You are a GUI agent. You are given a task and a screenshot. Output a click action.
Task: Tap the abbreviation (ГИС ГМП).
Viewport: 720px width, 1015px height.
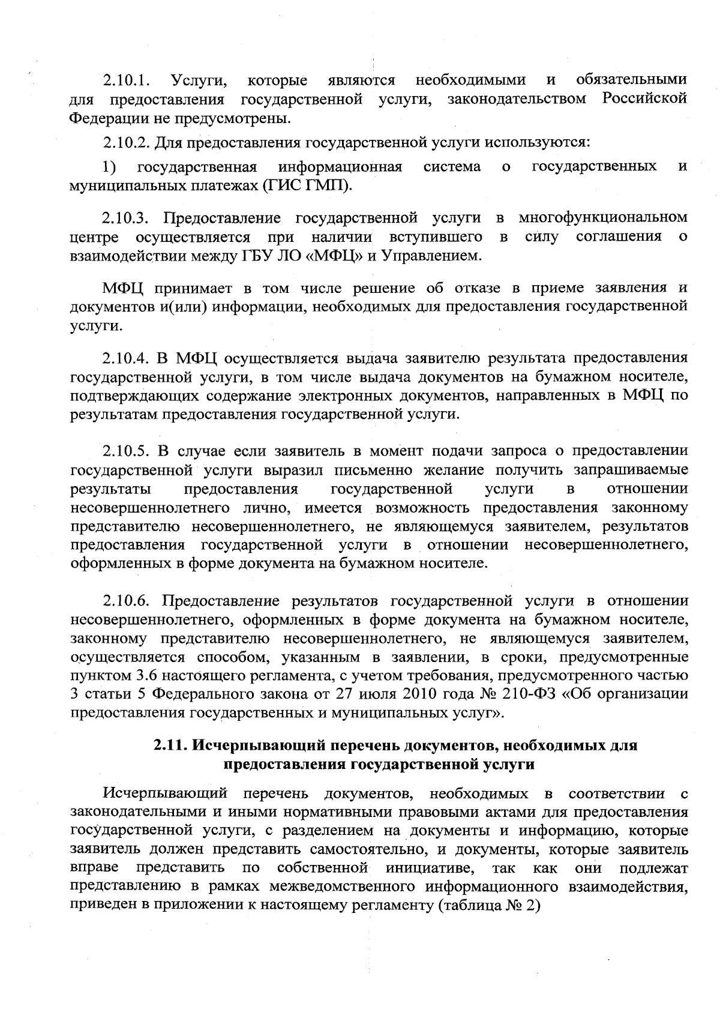point(307,185)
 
